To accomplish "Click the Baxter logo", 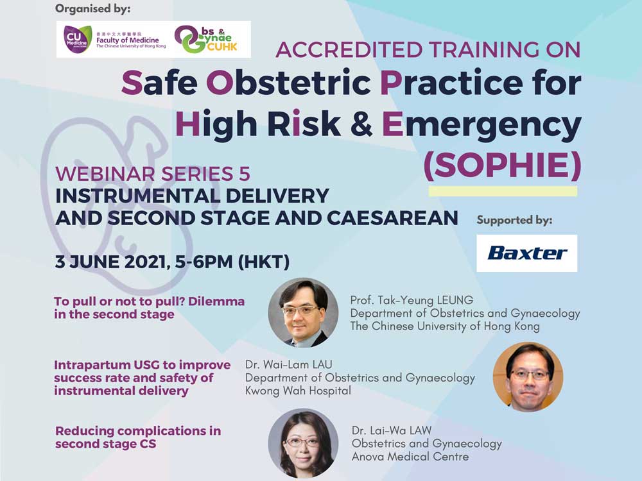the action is pos(527,253).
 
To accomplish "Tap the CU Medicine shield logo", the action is pos(77,39).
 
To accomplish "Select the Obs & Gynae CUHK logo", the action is pos(206,39).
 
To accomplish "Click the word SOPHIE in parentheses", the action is pos(503,165).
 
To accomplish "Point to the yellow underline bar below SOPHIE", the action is pos(503,191).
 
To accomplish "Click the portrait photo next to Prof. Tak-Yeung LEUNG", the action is pos(304,313).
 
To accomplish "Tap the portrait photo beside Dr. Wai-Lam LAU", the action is pos(528,376).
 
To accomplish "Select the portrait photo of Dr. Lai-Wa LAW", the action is pos(304,443).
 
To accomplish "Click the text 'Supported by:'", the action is pos(514,221).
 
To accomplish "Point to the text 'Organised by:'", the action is pos(93,8).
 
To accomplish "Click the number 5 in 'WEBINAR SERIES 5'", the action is pos(244,174).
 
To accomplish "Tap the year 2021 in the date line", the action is pos(144,262).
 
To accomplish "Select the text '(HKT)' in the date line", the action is pos(264,262).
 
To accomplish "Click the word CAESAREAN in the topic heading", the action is pos(392,218).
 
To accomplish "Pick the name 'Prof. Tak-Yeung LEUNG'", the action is pos(412,300).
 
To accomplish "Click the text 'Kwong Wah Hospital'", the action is pos(298,391).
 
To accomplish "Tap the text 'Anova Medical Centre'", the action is pos(410,457).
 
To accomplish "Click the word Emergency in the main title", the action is pos(481,125).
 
